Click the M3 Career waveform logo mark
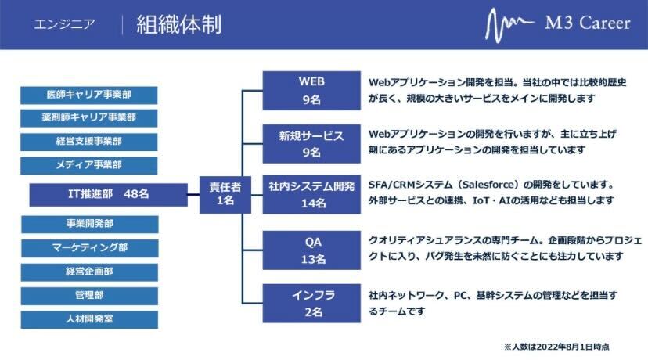click(509, 25)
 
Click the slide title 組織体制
click(179, 24)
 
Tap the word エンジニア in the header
click(64, 24)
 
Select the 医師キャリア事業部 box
click(89, 95)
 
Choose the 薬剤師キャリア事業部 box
click(89, 118)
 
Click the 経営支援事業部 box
click(89, 142)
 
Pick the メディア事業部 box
click(89, 165)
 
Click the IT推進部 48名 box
click(108, 195)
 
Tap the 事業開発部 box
click(90, 225)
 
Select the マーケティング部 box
click(90, 248)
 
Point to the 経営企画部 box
click(90, 272)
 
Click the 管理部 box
click(90, 296)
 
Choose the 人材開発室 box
click(90, 319)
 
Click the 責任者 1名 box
click(225, 195)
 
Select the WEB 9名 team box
click(311, 91)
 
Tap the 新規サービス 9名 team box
click(311, 143)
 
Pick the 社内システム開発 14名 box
click(311, 194)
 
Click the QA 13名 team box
click(311, 250)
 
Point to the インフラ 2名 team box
click(311, 304)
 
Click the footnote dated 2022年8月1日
click(556, 347)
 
